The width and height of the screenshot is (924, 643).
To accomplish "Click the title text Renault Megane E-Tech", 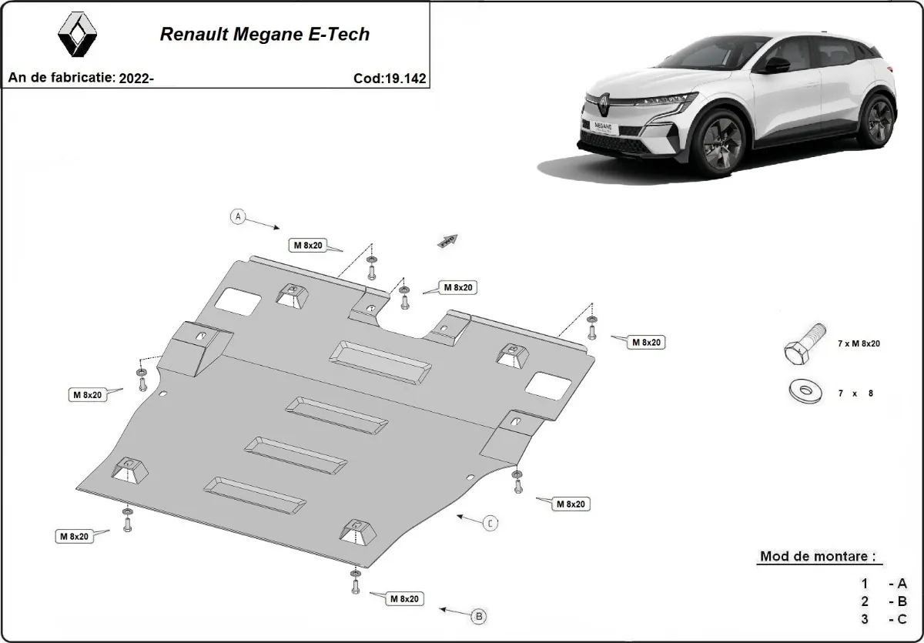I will click(x=264, y=35).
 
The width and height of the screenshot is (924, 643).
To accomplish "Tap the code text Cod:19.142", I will click(x=389, y=78).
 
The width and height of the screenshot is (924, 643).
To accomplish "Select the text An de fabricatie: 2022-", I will click(x=81, y=78).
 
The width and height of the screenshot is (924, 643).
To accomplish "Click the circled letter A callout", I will click(x=239, y=216).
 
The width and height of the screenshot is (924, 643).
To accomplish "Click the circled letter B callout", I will click(x=478, y=616).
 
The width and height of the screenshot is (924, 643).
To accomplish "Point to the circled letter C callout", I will click(x=490, y=524).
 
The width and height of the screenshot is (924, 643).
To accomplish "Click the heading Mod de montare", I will click(x=817, y=556).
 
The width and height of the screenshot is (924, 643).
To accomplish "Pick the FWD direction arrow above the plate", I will click(x=447, y=241).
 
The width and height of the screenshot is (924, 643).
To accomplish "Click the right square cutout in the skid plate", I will click(x=551, y=385).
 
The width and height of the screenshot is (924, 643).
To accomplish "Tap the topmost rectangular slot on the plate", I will click(x=380, y=360).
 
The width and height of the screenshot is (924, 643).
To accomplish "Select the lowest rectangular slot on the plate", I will click(x=255, y=494).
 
